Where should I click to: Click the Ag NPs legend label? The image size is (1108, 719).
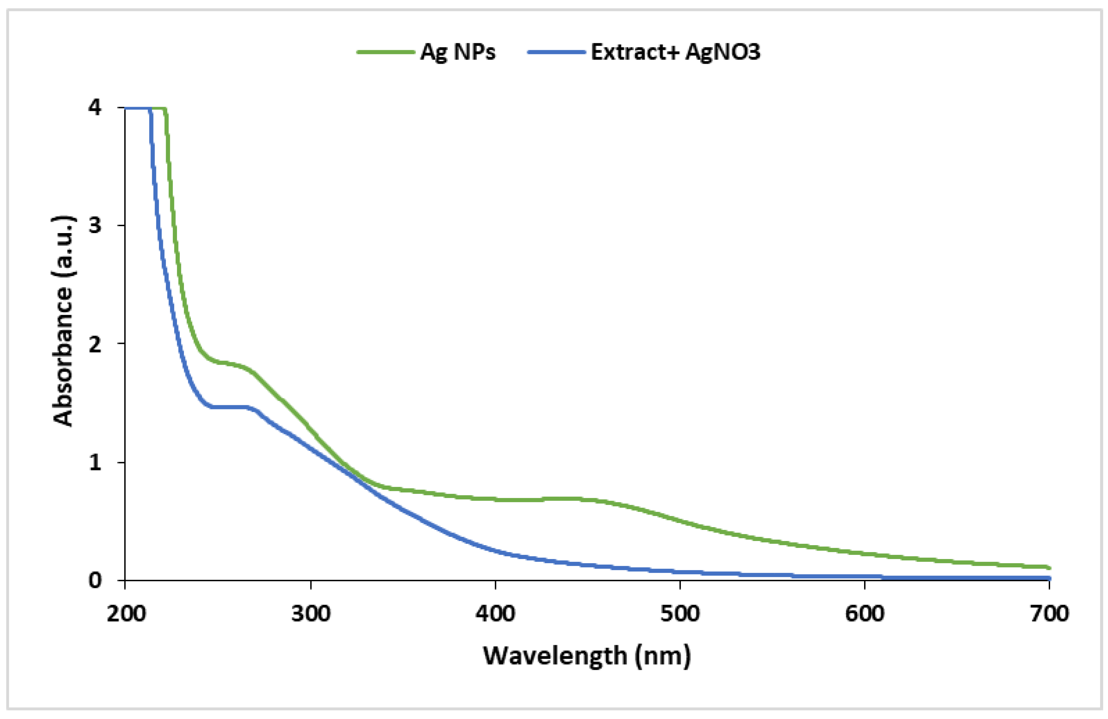pos(458,52)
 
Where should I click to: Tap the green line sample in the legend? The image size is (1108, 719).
pos(386,52)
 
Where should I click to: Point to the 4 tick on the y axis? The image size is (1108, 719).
pos(95,108)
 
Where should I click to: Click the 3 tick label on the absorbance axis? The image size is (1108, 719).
pos(95,226)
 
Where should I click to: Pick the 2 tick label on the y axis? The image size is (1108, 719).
pos(95,344)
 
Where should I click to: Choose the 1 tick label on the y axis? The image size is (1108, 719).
pos(95,463)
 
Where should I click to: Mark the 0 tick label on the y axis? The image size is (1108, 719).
pos(95,580)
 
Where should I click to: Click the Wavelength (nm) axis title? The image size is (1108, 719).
pos(587,656)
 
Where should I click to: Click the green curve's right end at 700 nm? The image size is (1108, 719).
pos(1048,567)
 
